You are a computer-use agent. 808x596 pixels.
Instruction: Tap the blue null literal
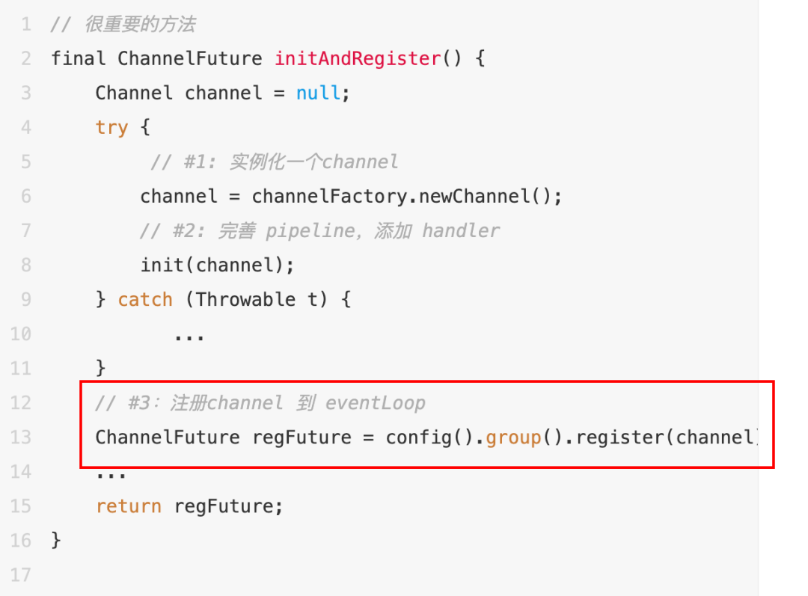pos(319,93)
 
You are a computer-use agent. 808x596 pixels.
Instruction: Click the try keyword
pos(111,127)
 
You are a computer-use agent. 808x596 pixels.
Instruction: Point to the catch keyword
pos(145,300)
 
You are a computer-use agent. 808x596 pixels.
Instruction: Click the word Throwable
pos(245,300)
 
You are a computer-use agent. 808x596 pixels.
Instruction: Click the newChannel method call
pos(474,197)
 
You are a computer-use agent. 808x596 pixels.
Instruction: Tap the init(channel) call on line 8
pos(217,265)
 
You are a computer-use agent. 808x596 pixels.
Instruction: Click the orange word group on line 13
pos(513,437)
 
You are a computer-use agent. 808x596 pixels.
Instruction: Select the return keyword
pos(128,506)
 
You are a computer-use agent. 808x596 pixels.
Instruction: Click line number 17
pos(21,575)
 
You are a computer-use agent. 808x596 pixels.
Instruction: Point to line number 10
pos(21,334)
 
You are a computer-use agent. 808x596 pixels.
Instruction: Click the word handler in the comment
pos(460,231)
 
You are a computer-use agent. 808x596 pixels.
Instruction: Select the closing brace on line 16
pos(56,541)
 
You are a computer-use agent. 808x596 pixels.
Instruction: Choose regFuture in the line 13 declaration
pos(302,437)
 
